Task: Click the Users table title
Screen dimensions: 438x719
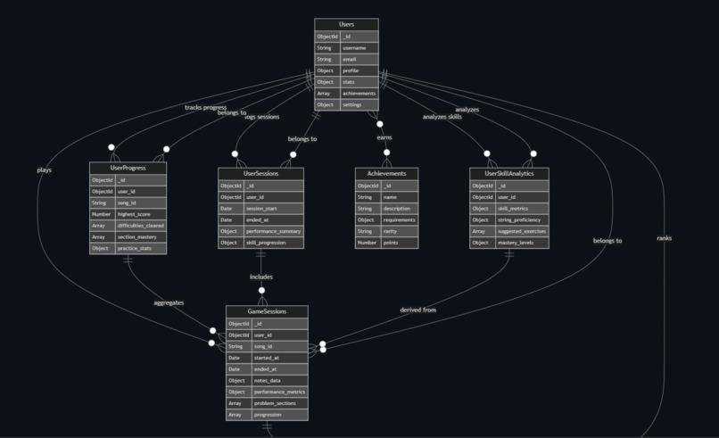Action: coord(346,25)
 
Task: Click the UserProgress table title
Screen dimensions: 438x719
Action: coord(128,168)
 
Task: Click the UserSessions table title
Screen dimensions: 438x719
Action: coord(260,174)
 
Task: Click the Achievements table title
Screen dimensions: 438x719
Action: coord(386,174)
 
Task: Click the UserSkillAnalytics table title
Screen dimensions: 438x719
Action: coord(508,174)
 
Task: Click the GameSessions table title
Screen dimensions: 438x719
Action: coord(266,311)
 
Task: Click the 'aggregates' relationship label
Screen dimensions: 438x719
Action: coord(169,302)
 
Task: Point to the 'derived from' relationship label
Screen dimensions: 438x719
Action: coord(418,310)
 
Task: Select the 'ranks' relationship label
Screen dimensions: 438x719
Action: coord(665,238)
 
